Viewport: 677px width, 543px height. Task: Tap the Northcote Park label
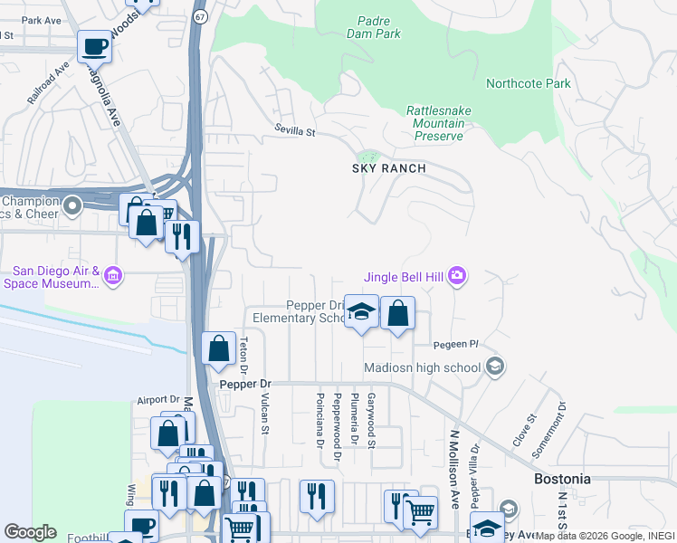pyautogui.click(x=528, y=83)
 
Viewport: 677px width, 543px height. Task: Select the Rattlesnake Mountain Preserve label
pyautogui.click(x=439, y=123)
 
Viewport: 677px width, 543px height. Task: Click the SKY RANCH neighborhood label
pyautogui.click(x=388, y=168)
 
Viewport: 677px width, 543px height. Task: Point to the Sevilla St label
pyautogui.click(x=295, y=131)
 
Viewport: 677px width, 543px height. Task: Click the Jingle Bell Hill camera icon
pyautogui.click(x=456, y=276)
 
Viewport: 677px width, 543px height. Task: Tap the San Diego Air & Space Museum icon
pyautogui.click(x=113, y=274)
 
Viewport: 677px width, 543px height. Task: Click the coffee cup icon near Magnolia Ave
pyautogui.click(x=93, y=45)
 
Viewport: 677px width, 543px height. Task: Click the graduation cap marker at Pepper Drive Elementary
pyautogui.click(x=361, y=313)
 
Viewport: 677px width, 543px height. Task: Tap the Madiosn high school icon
pyautogui.click(x=494, y=367)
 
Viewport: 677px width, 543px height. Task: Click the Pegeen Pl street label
pyautogui.click(x=454, y=344)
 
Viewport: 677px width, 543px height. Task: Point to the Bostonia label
pyautogui.click(x=562, y=478)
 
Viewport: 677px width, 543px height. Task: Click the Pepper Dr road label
pyautogui.click(x=246, y=384)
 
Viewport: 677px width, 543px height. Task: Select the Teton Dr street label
pyautogui.click(x=243, y=355)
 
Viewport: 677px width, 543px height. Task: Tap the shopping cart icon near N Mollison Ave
pyautogui.click(x=420, y=511)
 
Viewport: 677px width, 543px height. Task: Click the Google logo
pyautogui.click(x=30, y=532)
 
